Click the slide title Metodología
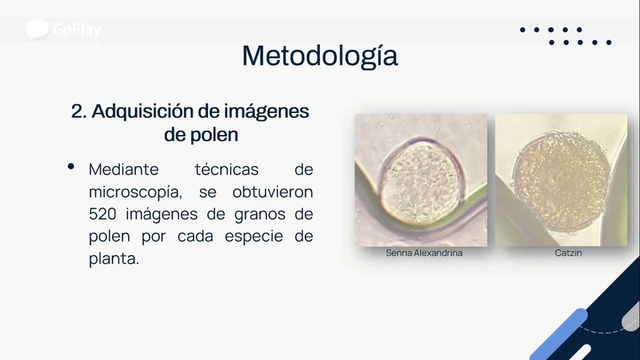320,57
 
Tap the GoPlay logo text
77,30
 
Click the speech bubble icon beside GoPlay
37,29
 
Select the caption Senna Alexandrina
424,253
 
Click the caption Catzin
569,253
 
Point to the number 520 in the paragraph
102,214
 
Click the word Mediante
124,169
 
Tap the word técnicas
227,169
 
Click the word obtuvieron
273,191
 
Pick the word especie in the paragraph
254,237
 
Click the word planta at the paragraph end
114,259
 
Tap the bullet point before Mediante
71,166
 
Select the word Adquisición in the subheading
142,111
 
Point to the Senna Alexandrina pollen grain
422,182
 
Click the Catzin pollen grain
561,182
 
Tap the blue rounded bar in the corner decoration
559,334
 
